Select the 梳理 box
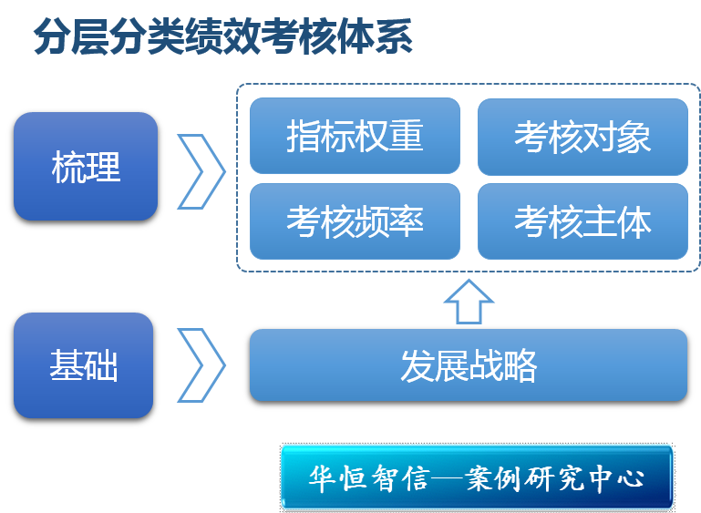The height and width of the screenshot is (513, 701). pyautogui.click(x=86, y=166)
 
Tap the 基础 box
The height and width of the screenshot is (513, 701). pyautogui.click(x=83, y=365)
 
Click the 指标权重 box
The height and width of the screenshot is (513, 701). pyautogui.click(x=355, y=137)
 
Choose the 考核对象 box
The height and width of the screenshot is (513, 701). pyautogui.click(x=582, y=137)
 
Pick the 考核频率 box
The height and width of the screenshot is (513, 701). pyautogui.click(x=355, y=221)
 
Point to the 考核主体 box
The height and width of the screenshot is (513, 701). pyautogui.click(x=582, y=221)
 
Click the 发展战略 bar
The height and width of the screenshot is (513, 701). pyautogui.click(x=469, y=364)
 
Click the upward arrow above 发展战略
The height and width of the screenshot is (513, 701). pyautogui.click(x=469, y=303)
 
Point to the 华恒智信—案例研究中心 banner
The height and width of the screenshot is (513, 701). pyautogui.click(x=477, y=477)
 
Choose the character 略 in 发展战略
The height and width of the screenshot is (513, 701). pyautogui.click(x=520, y=365)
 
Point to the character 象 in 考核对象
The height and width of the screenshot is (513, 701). pyautogui.click(x=634, y=137)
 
